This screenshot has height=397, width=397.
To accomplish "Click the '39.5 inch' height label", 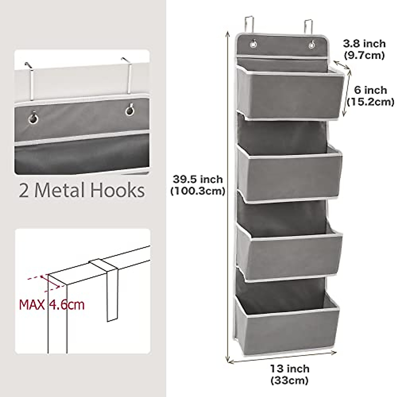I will (x=198, y=179).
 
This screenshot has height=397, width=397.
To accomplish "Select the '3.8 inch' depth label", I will (x=364, y=43).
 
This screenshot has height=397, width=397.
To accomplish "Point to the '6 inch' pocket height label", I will (x=370, y=90).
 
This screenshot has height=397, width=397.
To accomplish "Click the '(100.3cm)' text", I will (x=198, y=191).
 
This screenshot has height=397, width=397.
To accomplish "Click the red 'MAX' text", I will (x=32, y=304).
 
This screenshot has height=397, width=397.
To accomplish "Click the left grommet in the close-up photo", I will (x=33, y=118).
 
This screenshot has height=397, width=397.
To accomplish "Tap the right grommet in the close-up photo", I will (x=130, y=110).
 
